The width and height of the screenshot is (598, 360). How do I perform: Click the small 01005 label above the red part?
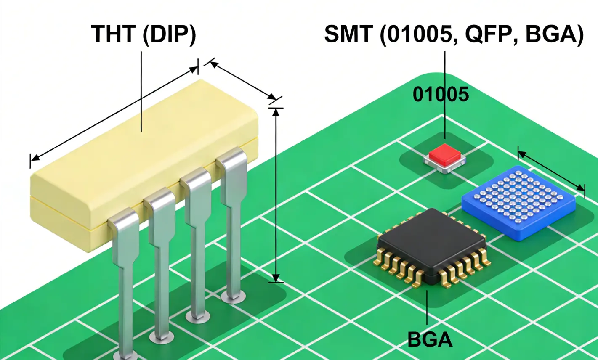(x=440, y=94)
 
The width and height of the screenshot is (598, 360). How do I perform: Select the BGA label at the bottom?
(x=430, y=339)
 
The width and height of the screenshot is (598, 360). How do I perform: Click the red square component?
(x=445, y=154)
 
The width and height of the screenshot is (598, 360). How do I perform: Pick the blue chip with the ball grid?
(x=518, y=200)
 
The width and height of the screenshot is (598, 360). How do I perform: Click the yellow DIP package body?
(x=143, y=160)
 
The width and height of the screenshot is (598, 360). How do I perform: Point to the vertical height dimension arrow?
(x=276, y=193)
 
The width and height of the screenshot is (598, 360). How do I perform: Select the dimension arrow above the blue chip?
(x=551, y=172)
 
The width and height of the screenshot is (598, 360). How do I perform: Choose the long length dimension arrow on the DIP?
(x=114, y=114)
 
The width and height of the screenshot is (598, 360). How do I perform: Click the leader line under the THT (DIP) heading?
(x=141, y=90)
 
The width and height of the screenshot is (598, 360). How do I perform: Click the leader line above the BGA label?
(x=427, y=307)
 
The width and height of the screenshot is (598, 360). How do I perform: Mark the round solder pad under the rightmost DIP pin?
(x=234, y=297)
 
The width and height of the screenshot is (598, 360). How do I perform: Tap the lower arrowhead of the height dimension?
(x=276, y=278)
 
